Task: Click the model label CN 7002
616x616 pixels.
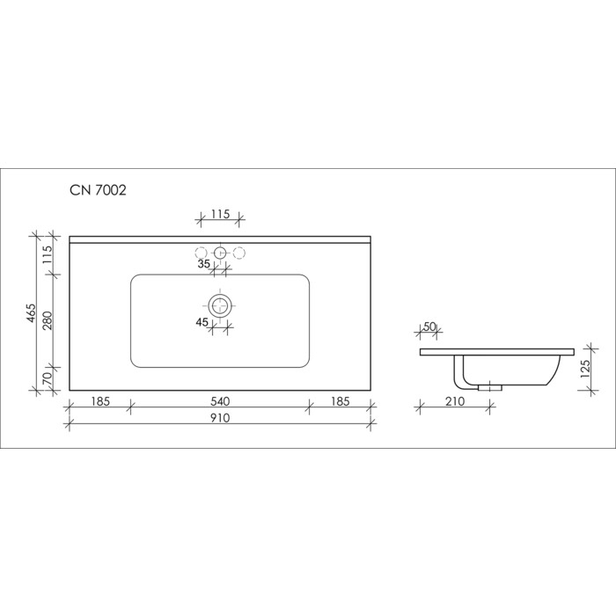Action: [98, 190]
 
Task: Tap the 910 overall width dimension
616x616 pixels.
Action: [220, 418]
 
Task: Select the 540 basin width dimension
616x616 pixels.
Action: [220, 401]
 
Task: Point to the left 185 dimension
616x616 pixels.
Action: [100, 401]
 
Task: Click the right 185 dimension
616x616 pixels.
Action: [340, 401]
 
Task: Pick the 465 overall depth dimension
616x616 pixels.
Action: [32, 313]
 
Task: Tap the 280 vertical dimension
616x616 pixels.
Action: [48, 320]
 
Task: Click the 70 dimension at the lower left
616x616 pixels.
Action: [48, 378]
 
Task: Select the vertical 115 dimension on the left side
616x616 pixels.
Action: [48, 254]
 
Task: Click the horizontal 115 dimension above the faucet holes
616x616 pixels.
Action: [220, 214]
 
